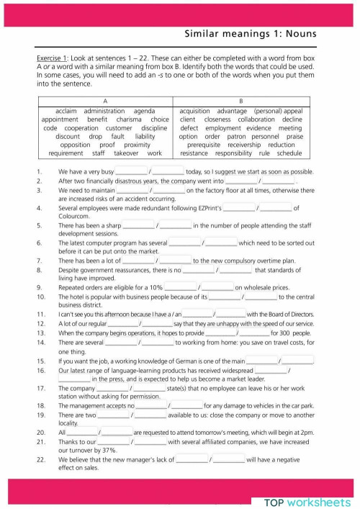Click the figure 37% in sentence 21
click(x=109, y=450)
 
